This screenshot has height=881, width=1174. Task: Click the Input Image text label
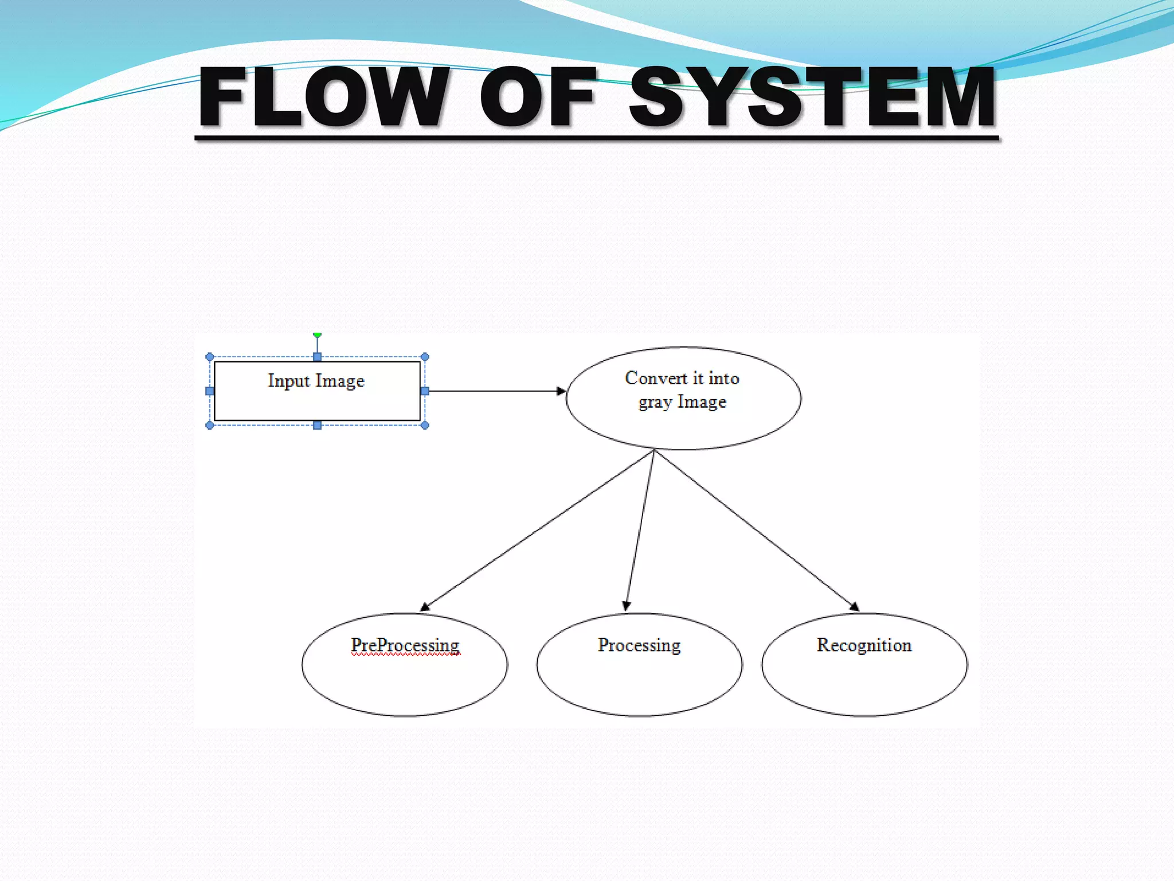[316, 381]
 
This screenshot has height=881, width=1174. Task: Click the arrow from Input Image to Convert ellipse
[496, 391]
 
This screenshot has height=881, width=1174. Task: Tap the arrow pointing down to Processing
[640, 531]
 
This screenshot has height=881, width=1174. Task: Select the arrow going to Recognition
[757, 531]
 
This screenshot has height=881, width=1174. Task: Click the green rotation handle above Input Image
[317, 334]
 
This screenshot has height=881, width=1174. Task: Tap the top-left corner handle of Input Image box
[210, 357]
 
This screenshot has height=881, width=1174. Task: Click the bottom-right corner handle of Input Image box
[425, 425]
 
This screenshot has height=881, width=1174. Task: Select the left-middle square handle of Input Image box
[210, 391]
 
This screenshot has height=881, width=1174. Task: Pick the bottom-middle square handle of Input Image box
[317, 425]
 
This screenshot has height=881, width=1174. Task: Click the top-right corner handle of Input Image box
[425, 357]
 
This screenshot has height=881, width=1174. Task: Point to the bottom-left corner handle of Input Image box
[210, 425]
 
